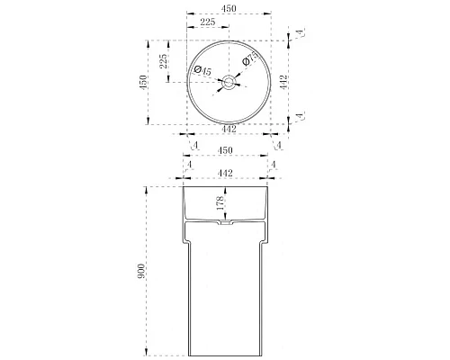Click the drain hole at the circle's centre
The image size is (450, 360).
229,83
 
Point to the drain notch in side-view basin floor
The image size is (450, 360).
229,220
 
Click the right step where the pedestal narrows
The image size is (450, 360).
266,242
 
